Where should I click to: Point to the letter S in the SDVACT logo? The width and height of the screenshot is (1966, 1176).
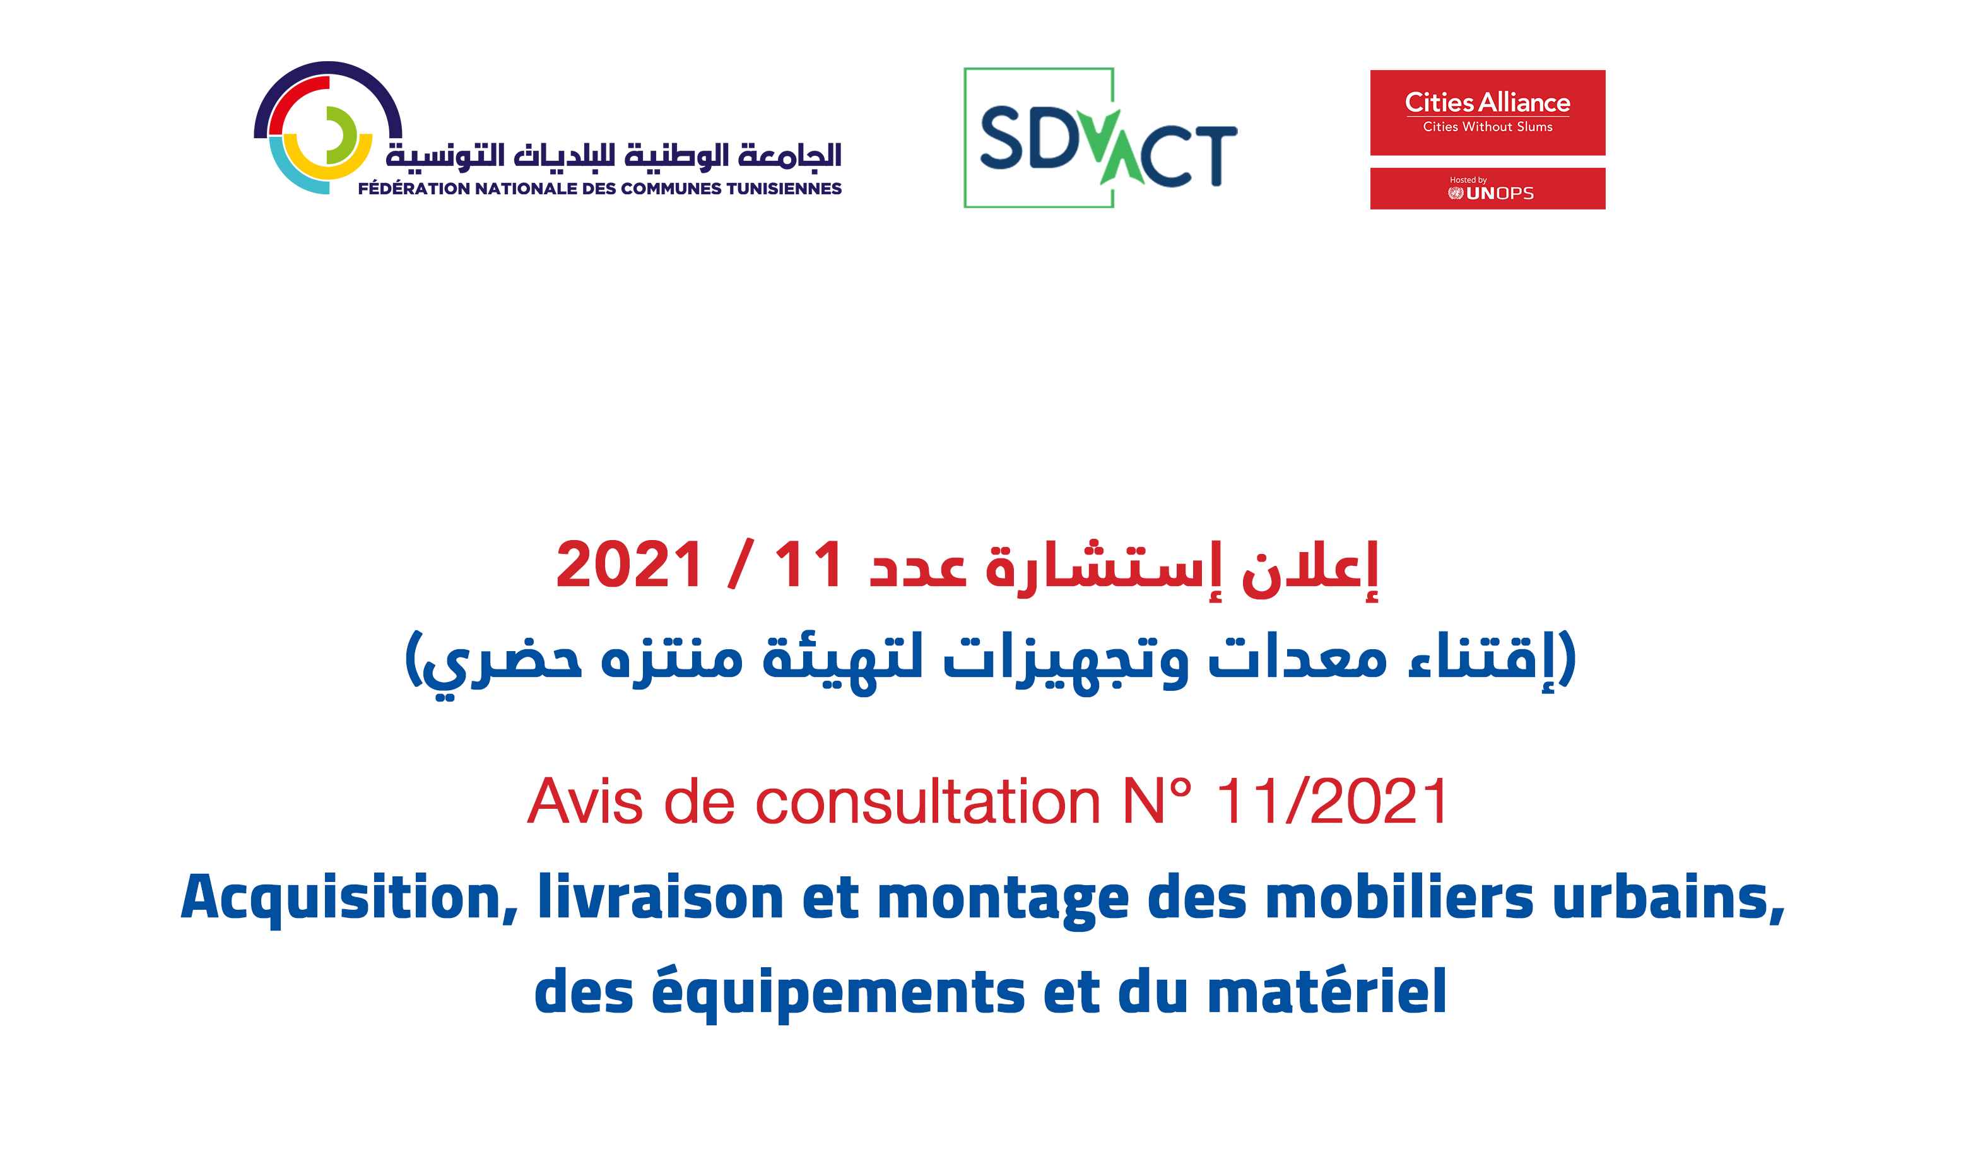1003,139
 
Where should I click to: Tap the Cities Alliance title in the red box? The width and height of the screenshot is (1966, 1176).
1486,102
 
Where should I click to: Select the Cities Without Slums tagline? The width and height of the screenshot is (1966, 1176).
1486,127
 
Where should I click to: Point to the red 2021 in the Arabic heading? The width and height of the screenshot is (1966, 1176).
629,565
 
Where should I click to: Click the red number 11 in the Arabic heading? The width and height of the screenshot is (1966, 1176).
808,565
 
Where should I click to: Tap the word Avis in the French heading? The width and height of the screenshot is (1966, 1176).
585,802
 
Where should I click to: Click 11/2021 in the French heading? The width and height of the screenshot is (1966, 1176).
1332,802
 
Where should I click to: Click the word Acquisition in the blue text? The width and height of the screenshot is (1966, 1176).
350,898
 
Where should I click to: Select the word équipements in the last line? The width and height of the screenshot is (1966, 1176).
838,993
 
